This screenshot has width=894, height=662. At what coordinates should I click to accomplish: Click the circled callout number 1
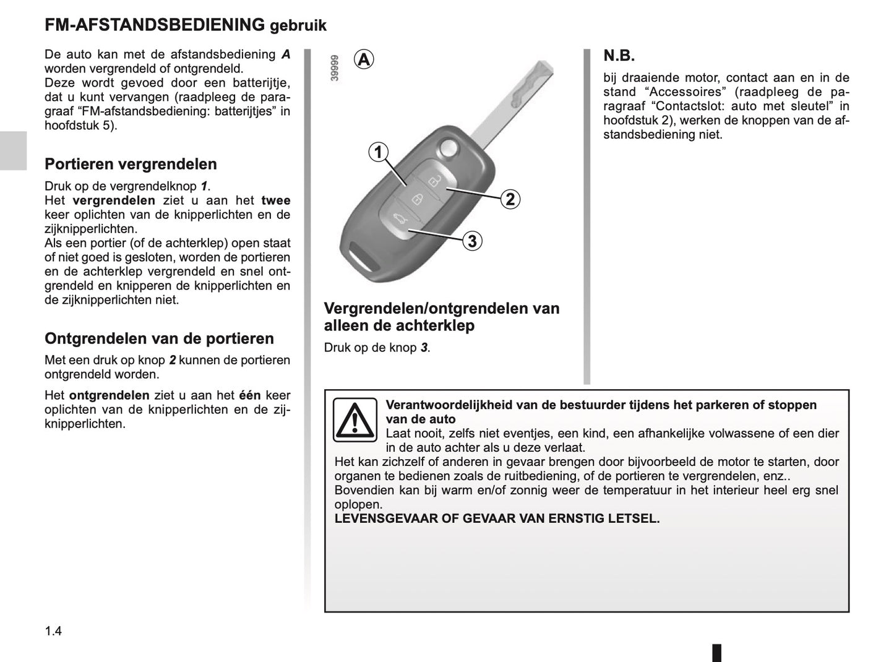[x=378, y=152]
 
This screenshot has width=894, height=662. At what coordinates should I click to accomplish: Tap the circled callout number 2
[x=510, y=199]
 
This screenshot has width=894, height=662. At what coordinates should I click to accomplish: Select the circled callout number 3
[x=472, y=241]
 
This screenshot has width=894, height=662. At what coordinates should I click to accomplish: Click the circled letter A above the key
[x=364, y=59]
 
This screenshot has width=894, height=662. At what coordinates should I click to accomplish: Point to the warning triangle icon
[x=355, y=420]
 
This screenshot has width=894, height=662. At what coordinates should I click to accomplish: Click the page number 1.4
[x=53, y=631]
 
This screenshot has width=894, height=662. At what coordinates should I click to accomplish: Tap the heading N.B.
[x=619, y=56]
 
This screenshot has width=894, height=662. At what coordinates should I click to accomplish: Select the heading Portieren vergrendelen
[x=131, y=164]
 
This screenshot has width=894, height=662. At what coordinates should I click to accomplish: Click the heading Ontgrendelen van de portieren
[x=159, y=338]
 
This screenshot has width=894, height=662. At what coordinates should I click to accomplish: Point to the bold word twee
[x=275, y=200]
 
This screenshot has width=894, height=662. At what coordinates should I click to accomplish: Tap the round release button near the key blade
[x=447, y=148]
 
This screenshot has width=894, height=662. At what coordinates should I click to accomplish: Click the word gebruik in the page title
[x=298, y=26]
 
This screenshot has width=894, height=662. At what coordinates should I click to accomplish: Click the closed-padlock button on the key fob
[x=417, y=199]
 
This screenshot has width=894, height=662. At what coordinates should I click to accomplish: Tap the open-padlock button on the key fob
[x=434, y=181]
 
